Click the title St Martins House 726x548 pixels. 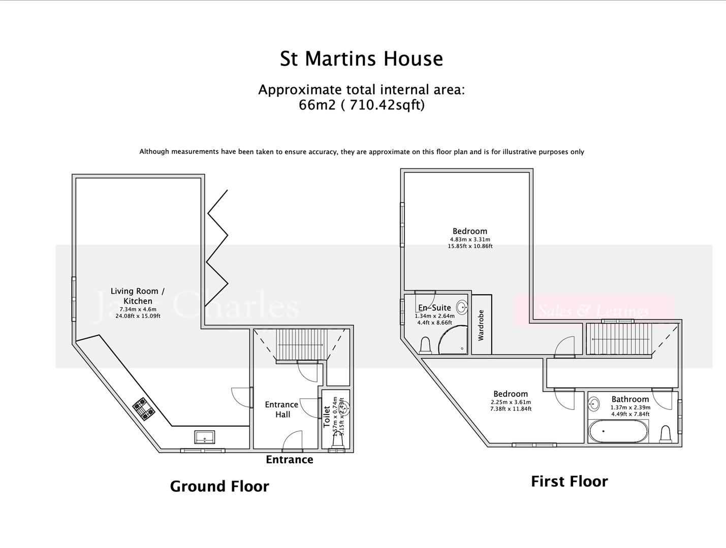(x=361, y=59)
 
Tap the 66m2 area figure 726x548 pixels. (x=317, y=105)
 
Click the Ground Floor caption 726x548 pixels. (x=219, y=486)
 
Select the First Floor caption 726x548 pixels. (x=569, y=482)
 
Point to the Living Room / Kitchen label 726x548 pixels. (x=138, y=296)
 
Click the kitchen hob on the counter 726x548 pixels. (x=144, y=409)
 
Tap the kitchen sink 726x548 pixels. (x=204, y=437)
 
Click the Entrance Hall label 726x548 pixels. (x=281, y=409)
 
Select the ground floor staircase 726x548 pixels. (x=301, y=345)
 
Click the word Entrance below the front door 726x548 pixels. (x=290, y=460)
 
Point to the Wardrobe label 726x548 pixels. (x=481, y=325)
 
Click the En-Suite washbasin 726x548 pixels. (x=461, y=307)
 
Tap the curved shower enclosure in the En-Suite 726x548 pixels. (x=452, y=340)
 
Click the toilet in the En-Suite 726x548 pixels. (x=426, y=346)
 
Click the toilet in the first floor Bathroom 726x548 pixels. (x=666, y=434)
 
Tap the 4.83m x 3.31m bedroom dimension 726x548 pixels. (x=470, y=239)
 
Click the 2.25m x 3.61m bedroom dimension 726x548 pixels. (x=511, y=402)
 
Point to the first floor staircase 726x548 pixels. (x=618, y=339)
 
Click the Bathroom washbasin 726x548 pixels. (x=594, y=404)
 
